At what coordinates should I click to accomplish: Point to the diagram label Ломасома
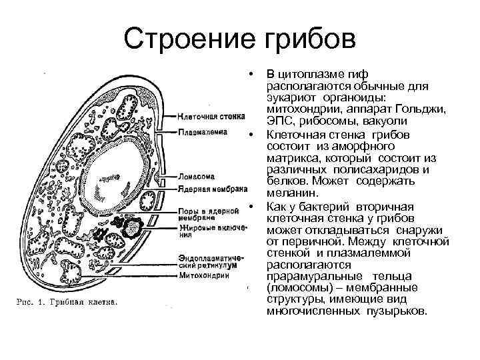(197, 177)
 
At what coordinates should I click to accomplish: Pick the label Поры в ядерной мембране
(209, 215)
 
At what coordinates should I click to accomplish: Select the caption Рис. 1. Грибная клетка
(66, 302)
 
